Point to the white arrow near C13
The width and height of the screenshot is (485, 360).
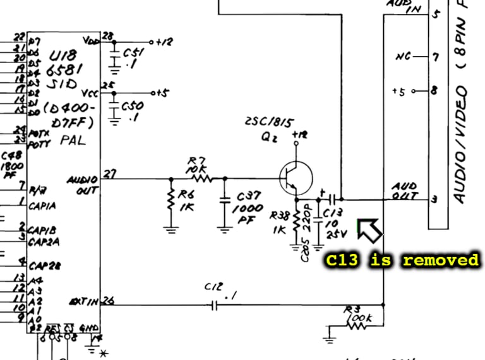pyautogui.click(x=369, y=230)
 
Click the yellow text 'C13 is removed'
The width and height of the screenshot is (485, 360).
pyautogui.click(x=402, y=260)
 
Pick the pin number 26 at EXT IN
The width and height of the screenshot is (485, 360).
pyautogui.click(x=109, y=301)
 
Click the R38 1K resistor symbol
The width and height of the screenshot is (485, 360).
pyautogui.click(x=296, y=219)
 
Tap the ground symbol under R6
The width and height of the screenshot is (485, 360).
pyautogui.click(x=171, y=228)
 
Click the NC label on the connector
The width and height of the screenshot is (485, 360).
pyautogui.click(x=403, y=57)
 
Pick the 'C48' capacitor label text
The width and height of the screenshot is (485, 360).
pyautogui.click(x=10, y=156)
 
